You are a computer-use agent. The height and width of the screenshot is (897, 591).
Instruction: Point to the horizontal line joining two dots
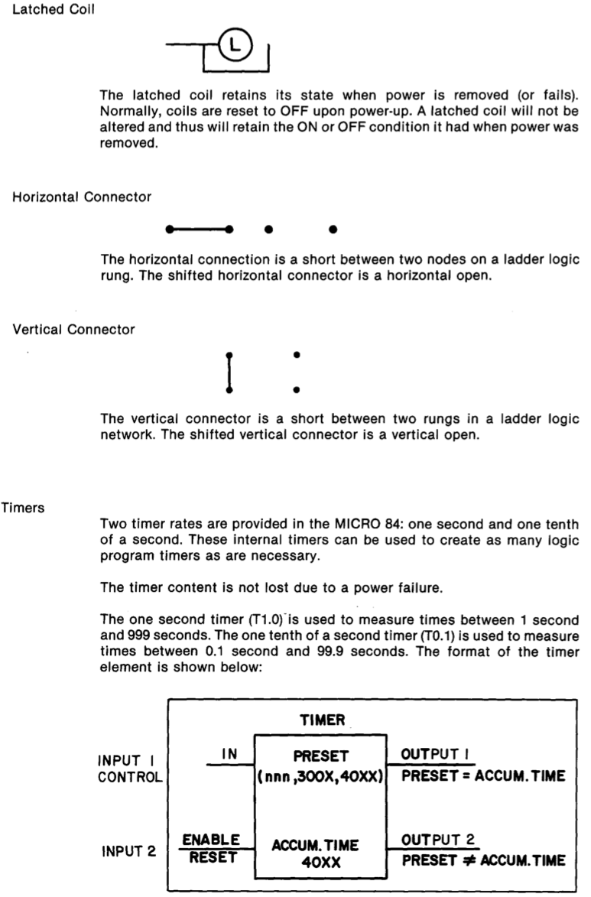click(199, 229)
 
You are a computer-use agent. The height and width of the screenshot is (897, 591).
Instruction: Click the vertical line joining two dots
click(229, 372)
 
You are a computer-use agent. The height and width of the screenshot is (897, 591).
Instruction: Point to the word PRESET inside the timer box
click(321, 756)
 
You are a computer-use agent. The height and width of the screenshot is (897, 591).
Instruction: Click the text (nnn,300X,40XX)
click(321, 778)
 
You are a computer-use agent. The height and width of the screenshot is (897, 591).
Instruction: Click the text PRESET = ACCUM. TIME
click(482, 778)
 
